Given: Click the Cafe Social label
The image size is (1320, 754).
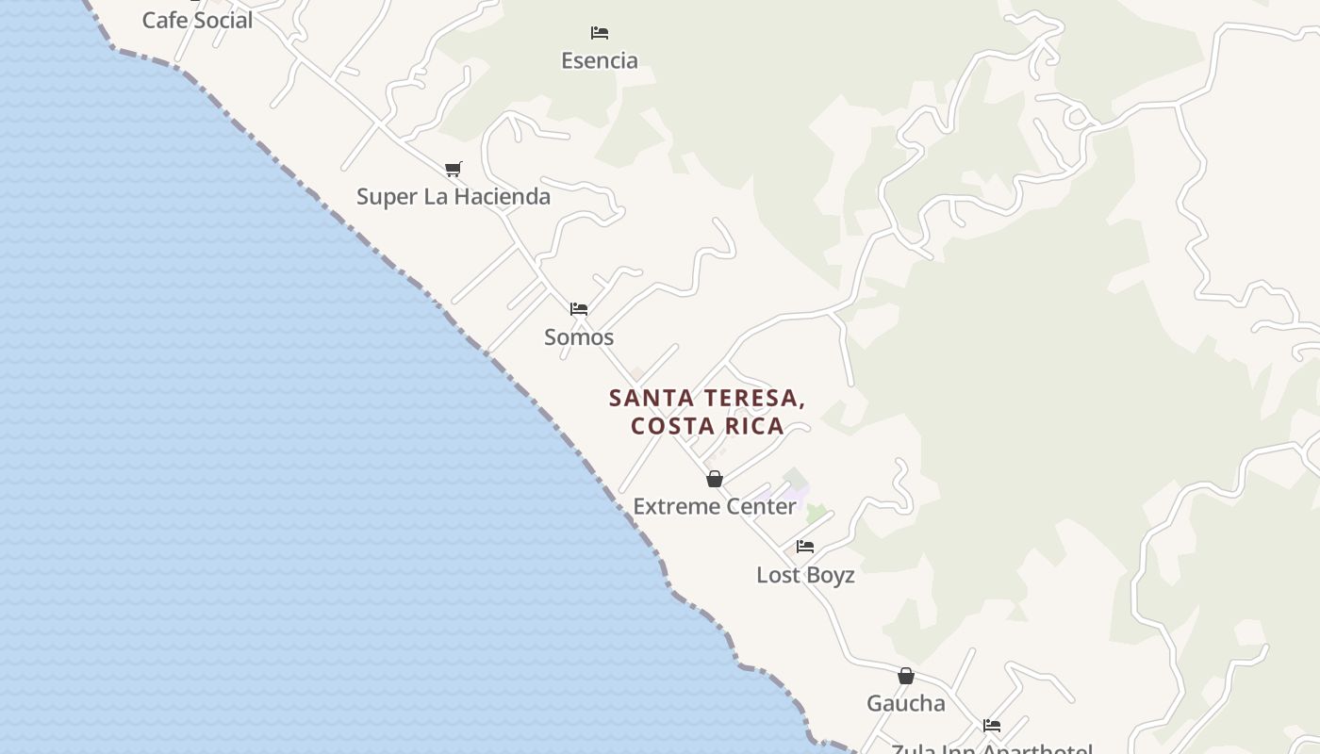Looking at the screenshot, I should [x=197, y=20].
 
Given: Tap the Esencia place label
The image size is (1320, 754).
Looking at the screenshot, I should [x=600, y=61].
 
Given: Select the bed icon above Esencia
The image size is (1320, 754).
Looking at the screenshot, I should [x=600, y=33].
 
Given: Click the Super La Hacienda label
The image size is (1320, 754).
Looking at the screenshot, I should [x=454, y=197].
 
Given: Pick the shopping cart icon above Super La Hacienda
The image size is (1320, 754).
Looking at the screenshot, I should [x=454, y=170].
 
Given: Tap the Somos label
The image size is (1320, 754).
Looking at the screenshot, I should [x=579, y=337].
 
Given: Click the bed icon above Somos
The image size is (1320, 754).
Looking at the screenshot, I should [x=579, y=308].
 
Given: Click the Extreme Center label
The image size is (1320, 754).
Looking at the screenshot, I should [x=715, y=507].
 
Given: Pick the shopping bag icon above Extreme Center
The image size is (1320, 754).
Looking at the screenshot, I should [x=715, y=479].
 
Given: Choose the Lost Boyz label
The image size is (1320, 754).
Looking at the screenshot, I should [x=805, y=575].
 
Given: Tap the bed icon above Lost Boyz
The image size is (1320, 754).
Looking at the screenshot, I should [x=805, y=547].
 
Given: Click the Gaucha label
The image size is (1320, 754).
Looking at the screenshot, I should [x=906, y=703].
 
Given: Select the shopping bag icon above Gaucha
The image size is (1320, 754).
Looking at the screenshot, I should [x=906, y=676].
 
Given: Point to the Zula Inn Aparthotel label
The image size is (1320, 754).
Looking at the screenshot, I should [x=992, y=748].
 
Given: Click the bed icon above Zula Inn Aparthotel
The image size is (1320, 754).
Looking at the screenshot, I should [x=992, y=726].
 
